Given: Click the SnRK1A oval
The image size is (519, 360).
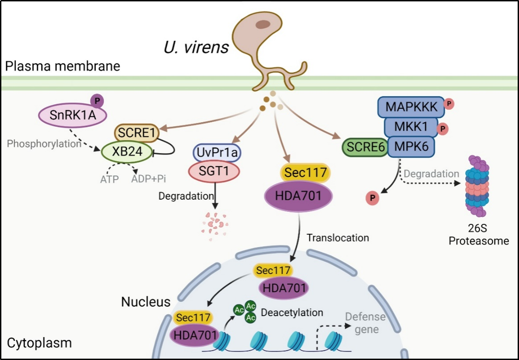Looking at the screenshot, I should coord(72,116).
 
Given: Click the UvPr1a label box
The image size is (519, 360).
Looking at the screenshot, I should coord(217,153).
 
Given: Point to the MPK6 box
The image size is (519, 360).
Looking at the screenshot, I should coord(411,147).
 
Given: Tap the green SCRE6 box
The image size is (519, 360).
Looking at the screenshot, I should coord(365,147).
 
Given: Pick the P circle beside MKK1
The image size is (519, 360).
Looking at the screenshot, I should coord(442,129).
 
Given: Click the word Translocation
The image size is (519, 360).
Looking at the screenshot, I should coord(338,237).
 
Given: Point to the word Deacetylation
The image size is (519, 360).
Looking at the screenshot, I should coord(292,312).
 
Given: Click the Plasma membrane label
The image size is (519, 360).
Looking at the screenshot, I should coord(62,67).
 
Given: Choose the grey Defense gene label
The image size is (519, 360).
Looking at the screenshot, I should coord(365,323).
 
